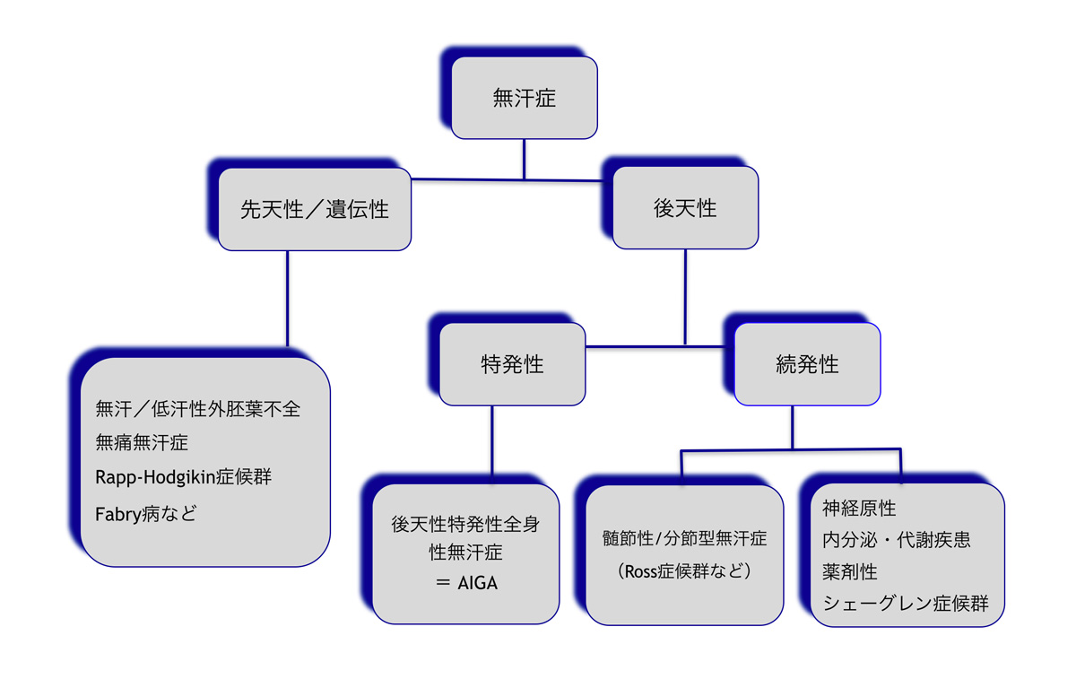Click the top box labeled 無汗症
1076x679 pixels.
coord(525,98)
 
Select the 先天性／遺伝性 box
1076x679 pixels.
coord(315,209)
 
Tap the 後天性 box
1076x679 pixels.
coord(685,209)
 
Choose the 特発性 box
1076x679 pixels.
coord(512,365)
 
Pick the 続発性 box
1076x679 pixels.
coord(807,365)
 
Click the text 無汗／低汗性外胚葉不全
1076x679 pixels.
coord(198,410)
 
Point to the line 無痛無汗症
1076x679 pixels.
coord(142,442)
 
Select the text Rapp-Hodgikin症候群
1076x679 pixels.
coord(183,477)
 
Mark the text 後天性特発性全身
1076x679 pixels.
coord(465,525)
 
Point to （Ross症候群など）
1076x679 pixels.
coord(684,570)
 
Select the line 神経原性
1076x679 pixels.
coord(859,509)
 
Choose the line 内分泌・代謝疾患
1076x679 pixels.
coord(897,540)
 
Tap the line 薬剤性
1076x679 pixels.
coord(850,571)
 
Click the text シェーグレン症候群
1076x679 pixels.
coord(906,604)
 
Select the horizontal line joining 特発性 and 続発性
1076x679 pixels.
coord(659,345)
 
